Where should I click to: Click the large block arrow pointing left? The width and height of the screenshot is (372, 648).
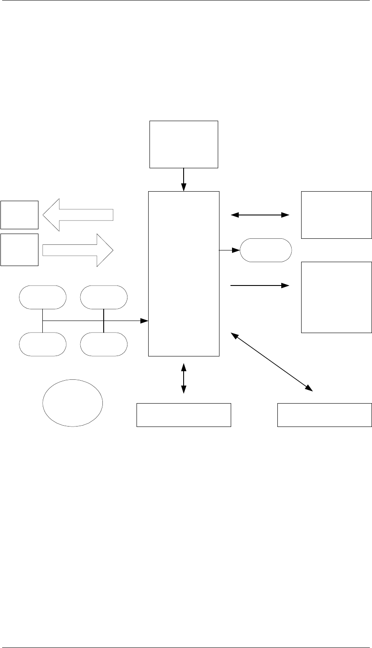(x=78, y=215)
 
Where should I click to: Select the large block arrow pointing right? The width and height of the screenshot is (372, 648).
(x=78, y=250)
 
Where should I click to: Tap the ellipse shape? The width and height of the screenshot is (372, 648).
(x=73, y=403)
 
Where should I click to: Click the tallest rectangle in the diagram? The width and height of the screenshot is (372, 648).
(x=184, y=273)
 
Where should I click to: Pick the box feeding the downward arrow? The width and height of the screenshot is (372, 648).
(x=184, y=144)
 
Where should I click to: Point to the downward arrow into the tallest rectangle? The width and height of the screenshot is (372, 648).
(x=184, y=180)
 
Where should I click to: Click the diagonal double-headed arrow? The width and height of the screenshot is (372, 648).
(x=272, y=362)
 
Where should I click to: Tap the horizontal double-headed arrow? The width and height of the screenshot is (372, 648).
(x=260, y=215)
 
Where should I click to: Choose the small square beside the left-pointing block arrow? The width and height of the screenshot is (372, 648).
(x=19, y=215)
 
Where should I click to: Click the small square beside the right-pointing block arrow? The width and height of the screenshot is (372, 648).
(x=19, y=250)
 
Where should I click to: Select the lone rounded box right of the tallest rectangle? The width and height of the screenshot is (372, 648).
(x=266, y=250)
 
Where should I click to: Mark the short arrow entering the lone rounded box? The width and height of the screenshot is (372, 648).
(x=229, y=250)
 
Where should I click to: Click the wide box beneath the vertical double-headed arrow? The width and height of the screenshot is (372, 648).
(x=184, y=415)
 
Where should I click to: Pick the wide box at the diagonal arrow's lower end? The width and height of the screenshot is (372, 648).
(x=324, y=415)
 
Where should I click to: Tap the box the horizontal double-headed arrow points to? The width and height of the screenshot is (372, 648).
(x=336, y=215)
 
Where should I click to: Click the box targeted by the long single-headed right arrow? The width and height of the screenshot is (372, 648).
(x=336, y=297)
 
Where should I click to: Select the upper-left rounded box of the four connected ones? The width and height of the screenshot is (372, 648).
(x=43, y=297)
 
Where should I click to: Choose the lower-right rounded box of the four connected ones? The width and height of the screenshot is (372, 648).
(x=104, y=344)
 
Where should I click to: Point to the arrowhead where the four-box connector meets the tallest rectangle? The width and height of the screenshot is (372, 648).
(x=145, y=321)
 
